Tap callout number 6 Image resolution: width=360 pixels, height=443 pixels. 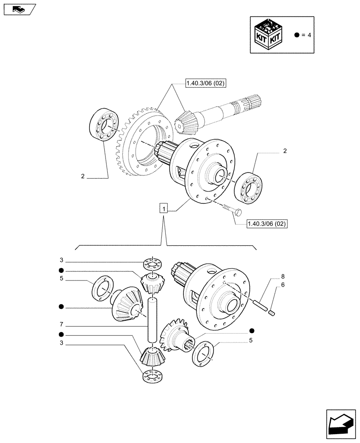(282, 285)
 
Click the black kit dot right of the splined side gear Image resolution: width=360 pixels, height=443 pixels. (251, 330)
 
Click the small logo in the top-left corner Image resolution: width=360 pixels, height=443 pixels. (18, 8)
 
